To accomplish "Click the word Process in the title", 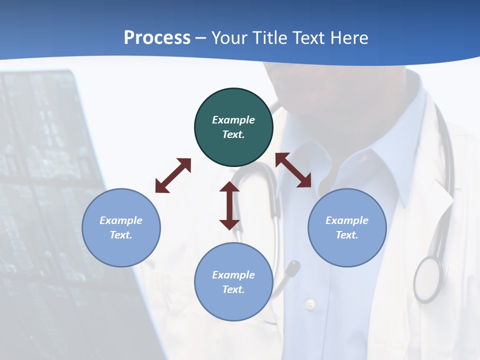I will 157,38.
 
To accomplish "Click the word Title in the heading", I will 270,38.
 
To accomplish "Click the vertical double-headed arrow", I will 229,205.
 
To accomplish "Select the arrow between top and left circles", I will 173,175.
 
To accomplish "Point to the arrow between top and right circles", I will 293,170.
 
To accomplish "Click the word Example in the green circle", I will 233,120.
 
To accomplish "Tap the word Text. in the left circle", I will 121,235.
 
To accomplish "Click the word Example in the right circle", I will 347,220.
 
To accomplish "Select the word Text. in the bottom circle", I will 233,289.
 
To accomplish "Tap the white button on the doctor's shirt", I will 310,303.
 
